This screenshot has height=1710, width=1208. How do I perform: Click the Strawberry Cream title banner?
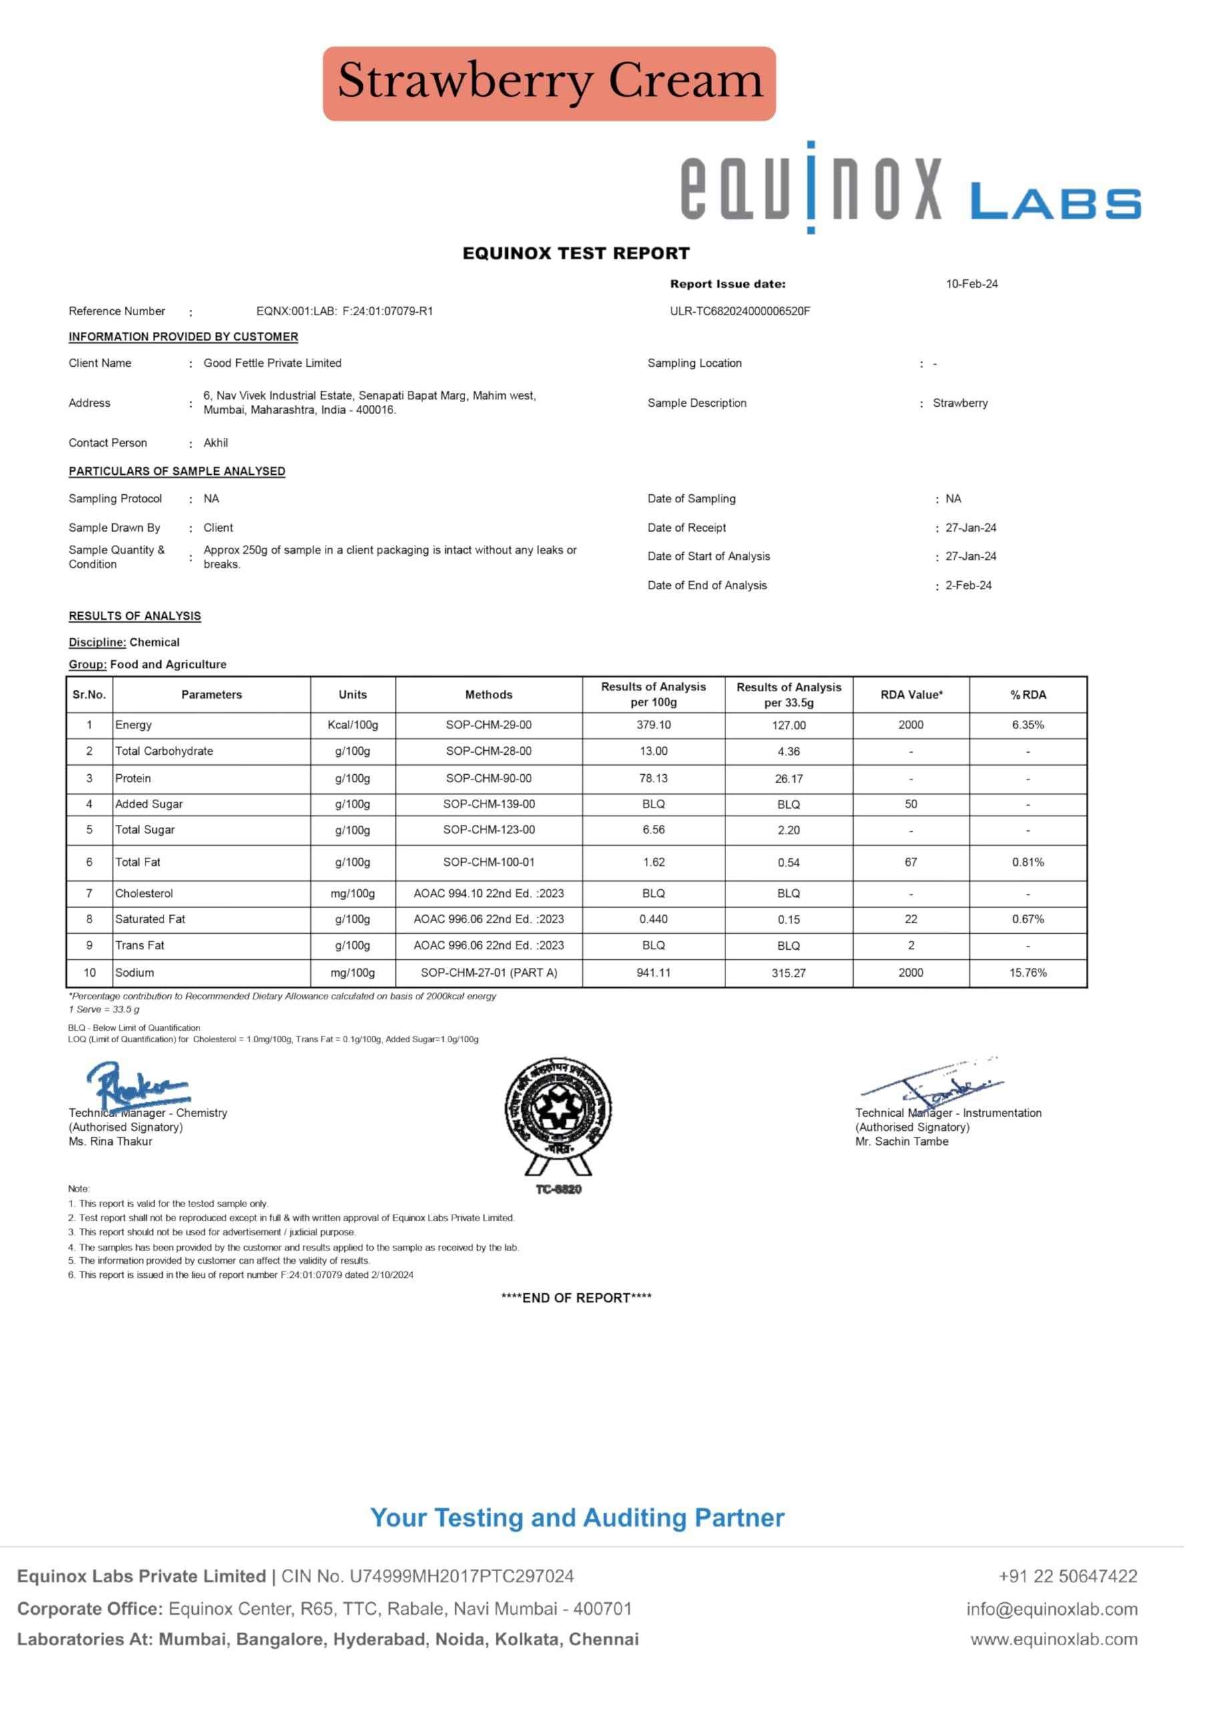click(x=549, y=83)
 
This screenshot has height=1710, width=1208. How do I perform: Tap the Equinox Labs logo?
click(x=910, y=188)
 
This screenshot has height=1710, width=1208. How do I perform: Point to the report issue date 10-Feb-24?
click(x=971, y=284)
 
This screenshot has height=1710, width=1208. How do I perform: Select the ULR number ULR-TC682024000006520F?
click(x=740, y=311)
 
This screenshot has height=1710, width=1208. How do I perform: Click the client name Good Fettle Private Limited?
click(x=272, y=363)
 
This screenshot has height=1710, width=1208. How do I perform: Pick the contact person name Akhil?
click(x=216, y=443)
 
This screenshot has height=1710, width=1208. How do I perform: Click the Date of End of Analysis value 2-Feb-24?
click(x=968, y=585)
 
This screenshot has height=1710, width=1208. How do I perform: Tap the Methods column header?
click(x=489, y=695)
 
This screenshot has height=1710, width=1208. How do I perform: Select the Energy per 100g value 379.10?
click(x=653, y=725)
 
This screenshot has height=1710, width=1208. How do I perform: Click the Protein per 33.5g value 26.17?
click(x=788, y=779)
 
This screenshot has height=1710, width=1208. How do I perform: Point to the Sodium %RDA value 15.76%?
click(x=1027, y=973)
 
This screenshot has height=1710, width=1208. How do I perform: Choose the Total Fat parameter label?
click(x=137, y=862)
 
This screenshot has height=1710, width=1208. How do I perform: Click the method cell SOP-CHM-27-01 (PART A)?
click(x=489, y=973)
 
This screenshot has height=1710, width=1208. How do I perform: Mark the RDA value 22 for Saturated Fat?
click(x=910, y=919)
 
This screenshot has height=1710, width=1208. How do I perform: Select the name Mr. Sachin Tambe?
click(x=902, y=1142)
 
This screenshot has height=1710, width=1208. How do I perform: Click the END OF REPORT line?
click(x=576, y=1298)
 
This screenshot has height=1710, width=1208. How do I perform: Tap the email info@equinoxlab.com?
click(x=1052, y=1609)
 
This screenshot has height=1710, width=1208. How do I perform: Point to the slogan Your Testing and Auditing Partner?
click(x=577, y=1518)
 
